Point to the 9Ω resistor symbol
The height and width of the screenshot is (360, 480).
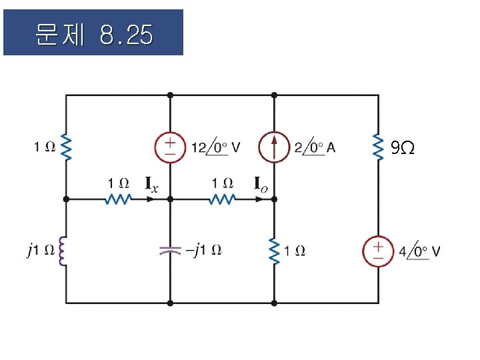pyautogui.click(x=378, y=148)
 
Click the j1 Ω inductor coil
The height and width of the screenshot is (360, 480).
pyautogui.click(x=65, y=251)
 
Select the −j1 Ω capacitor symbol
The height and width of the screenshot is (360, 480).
pyautogui.click(x=170, y=251)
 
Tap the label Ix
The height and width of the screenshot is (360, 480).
pyautogui.click(x=152, y=184)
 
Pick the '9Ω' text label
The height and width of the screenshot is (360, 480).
pyautogui.click(x=402, y=148)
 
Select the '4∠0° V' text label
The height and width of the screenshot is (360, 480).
pyautogui.click(x=419, y=252)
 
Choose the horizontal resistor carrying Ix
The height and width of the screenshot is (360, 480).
pyautogui.click(x=118, y=199)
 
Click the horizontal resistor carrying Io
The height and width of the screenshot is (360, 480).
pyautogui.click(x=222, y=199)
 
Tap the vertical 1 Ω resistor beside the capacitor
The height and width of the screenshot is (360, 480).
pyautogui.click(x=274, y=251)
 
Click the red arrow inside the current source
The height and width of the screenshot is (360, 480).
pyautogui.click(x=274, y=147)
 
